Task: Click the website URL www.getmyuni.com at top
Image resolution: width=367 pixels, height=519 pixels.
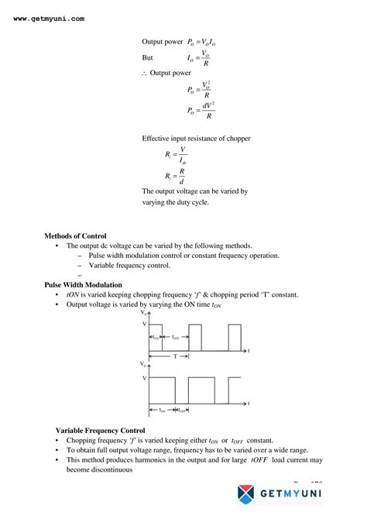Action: pyautogui.click(x=49, y=18)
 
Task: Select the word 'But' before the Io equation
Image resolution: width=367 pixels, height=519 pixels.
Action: pyautogui.click(x=147, y=58)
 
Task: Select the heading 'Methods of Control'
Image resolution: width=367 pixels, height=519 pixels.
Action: pyautogui.click(x=75, y=235)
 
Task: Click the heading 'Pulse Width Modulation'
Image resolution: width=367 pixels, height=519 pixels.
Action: pyautogui.click(x=83, y=284)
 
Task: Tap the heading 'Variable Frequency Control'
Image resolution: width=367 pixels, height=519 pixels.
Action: pyautogui.click(x=100, y=429)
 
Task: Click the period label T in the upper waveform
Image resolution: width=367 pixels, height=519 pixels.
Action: pyautogui.click(x=175, y=356)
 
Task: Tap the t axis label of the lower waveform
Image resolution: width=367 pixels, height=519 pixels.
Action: pyautogui.click(x=249, y=404)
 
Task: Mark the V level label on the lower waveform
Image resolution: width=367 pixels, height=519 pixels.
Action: pyautogui.click(x=143, y=377)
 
